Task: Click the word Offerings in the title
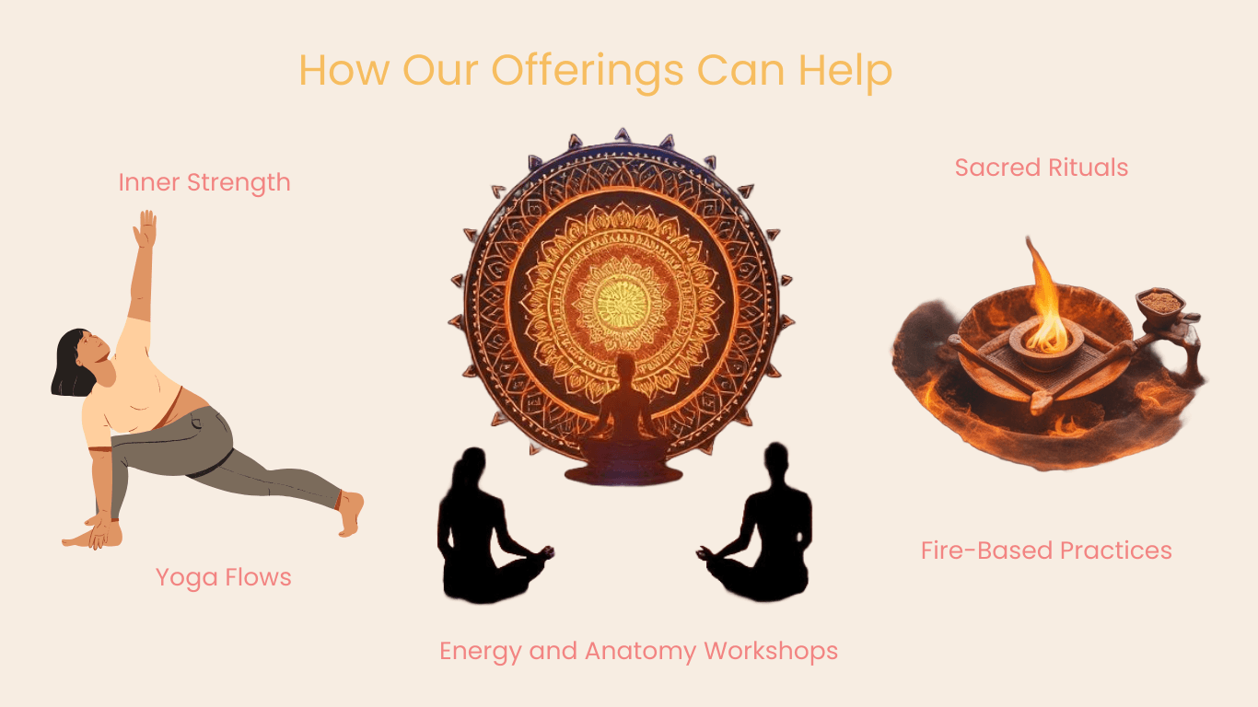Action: tap(587, 71)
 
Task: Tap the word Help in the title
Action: tap(845, 71)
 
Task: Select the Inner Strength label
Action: tap(204, 182)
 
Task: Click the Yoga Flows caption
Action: tap(224, 577)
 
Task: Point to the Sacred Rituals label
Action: tap(1042, 168)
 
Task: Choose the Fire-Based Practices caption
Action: tap(1046, 551)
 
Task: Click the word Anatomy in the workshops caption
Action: tap(641, 651)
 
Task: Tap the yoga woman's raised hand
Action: tap(145, 228)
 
